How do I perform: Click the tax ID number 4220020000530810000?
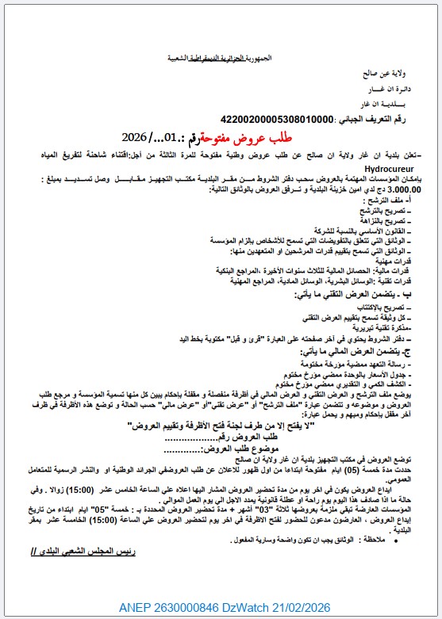click(267, 119)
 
